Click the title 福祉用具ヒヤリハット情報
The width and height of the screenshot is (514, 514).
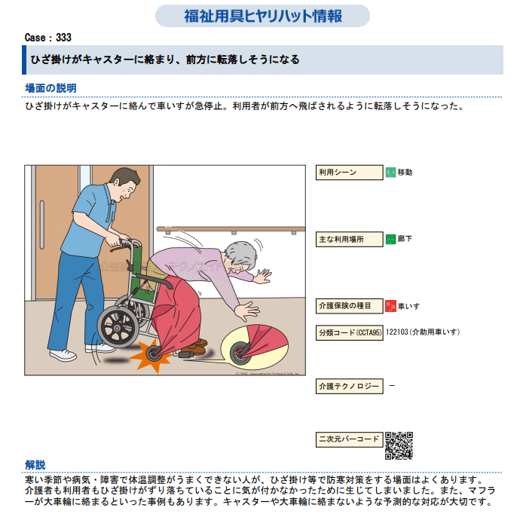(262, 16)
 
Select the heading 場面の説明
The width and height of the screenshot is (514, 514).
(50, 88)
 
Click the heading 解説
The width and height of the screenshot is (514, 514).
(35, 465)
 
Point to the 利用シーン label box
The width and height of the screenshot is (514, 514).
(349, 173)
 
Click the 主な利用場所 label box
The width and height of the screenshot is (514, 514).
(349, 240)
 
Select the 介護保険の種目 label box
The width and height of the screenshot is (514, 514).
(349, 306)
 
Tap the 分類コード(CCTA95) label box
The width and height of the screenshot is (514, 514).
(349, 332)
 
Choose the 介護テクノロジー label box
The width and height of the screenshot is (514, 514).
(349, 386)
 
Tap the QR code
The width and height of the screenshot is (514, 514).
(399, 445)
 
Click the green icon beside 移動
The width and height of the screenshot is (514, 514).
(390, 173)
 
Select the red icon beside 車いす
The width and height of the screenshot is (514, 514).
(390, 306)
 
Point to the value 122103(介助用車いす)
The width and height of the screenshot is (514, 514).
(423, 332)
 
